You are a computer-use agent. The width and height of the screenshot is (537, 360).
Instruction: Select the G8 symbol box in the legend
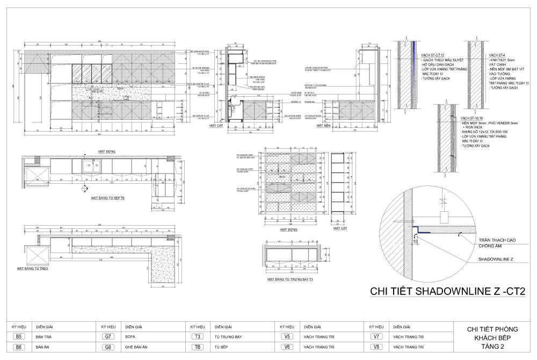click(x=108, y=348)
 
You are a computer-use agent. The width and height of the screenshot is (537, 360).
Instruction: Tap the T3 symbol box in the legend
click(x=198, y=337)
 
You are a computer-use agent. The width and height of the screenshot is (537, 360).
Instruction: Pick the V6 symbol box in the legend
click(x=287, y=348)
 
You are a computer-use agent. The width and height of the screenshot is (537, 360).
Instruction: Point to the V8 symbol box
click(x=376, y=348)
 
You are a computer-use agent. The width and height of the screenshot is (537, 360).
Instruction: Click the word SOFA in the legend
click(x=129, y=337)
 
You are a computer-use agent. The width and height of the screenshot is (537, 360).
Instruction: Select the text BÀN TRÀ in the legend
click(x=43, y=337)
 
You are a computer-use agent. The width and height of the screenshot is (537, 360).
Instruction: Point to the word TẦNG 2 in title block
click(x=487, y=348)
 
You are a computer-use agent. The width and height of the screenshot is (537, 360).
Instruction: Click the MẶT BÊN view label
click(x=323, y=125)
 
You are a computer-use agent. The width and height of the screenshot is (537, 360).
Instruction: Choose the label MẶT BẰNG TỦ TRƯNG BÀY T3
click(x=292, y=280)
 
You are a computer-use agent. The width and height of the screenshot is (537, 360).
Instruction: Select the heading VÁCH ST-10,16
click(x=471, y=118)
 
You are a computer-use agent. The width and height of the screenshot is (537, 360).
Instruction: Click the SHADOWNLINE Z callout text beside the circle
click(x=496, y=258)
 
